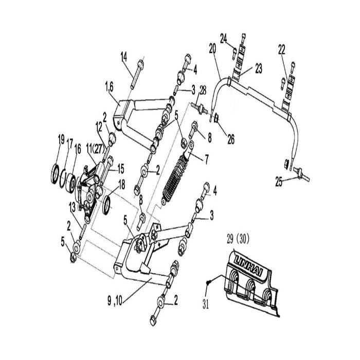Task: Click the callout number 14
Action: click(x=124, y=56)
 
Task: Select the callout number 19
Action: click(x=61, y=139)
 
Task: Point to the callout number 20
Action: click(x=212, y=48)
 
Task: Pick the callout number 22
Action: click(x=281, y=49)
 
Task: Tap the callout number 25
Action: click(x=278, y=181)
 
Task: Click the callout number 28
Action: click(x=203, y=91)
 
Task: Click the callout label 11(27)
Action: click(x=97, y=149)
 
